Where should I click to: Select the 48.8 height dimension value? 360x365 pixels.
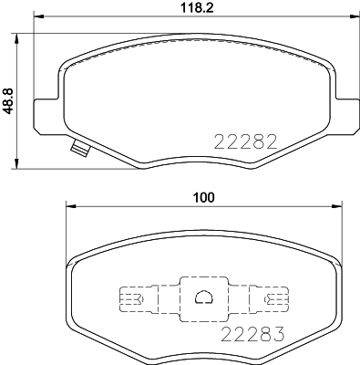pos(9,98)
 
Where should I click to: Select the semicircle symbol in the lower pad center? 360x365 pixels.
pos(203,296)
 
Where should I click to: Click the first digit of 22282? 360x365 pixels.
pos(219,141)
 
